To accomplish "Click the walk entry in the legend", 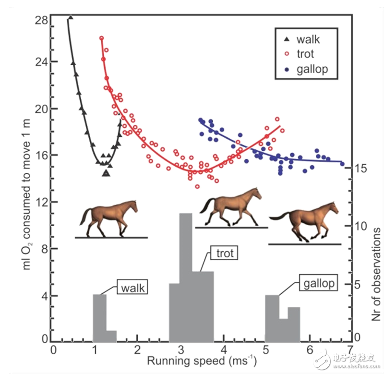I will coord(308,39).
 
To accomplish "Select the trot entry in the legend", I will coord(305,54).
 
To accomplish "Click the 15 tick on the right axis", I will coord(361,169).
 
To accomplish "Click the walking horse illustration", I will coord(109,218).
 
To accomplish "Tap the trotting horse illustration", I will coord(233,207).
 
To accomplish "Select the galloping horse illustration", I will coord(304,222).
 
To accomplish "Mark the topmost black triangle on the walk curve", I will coord(71,18).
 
